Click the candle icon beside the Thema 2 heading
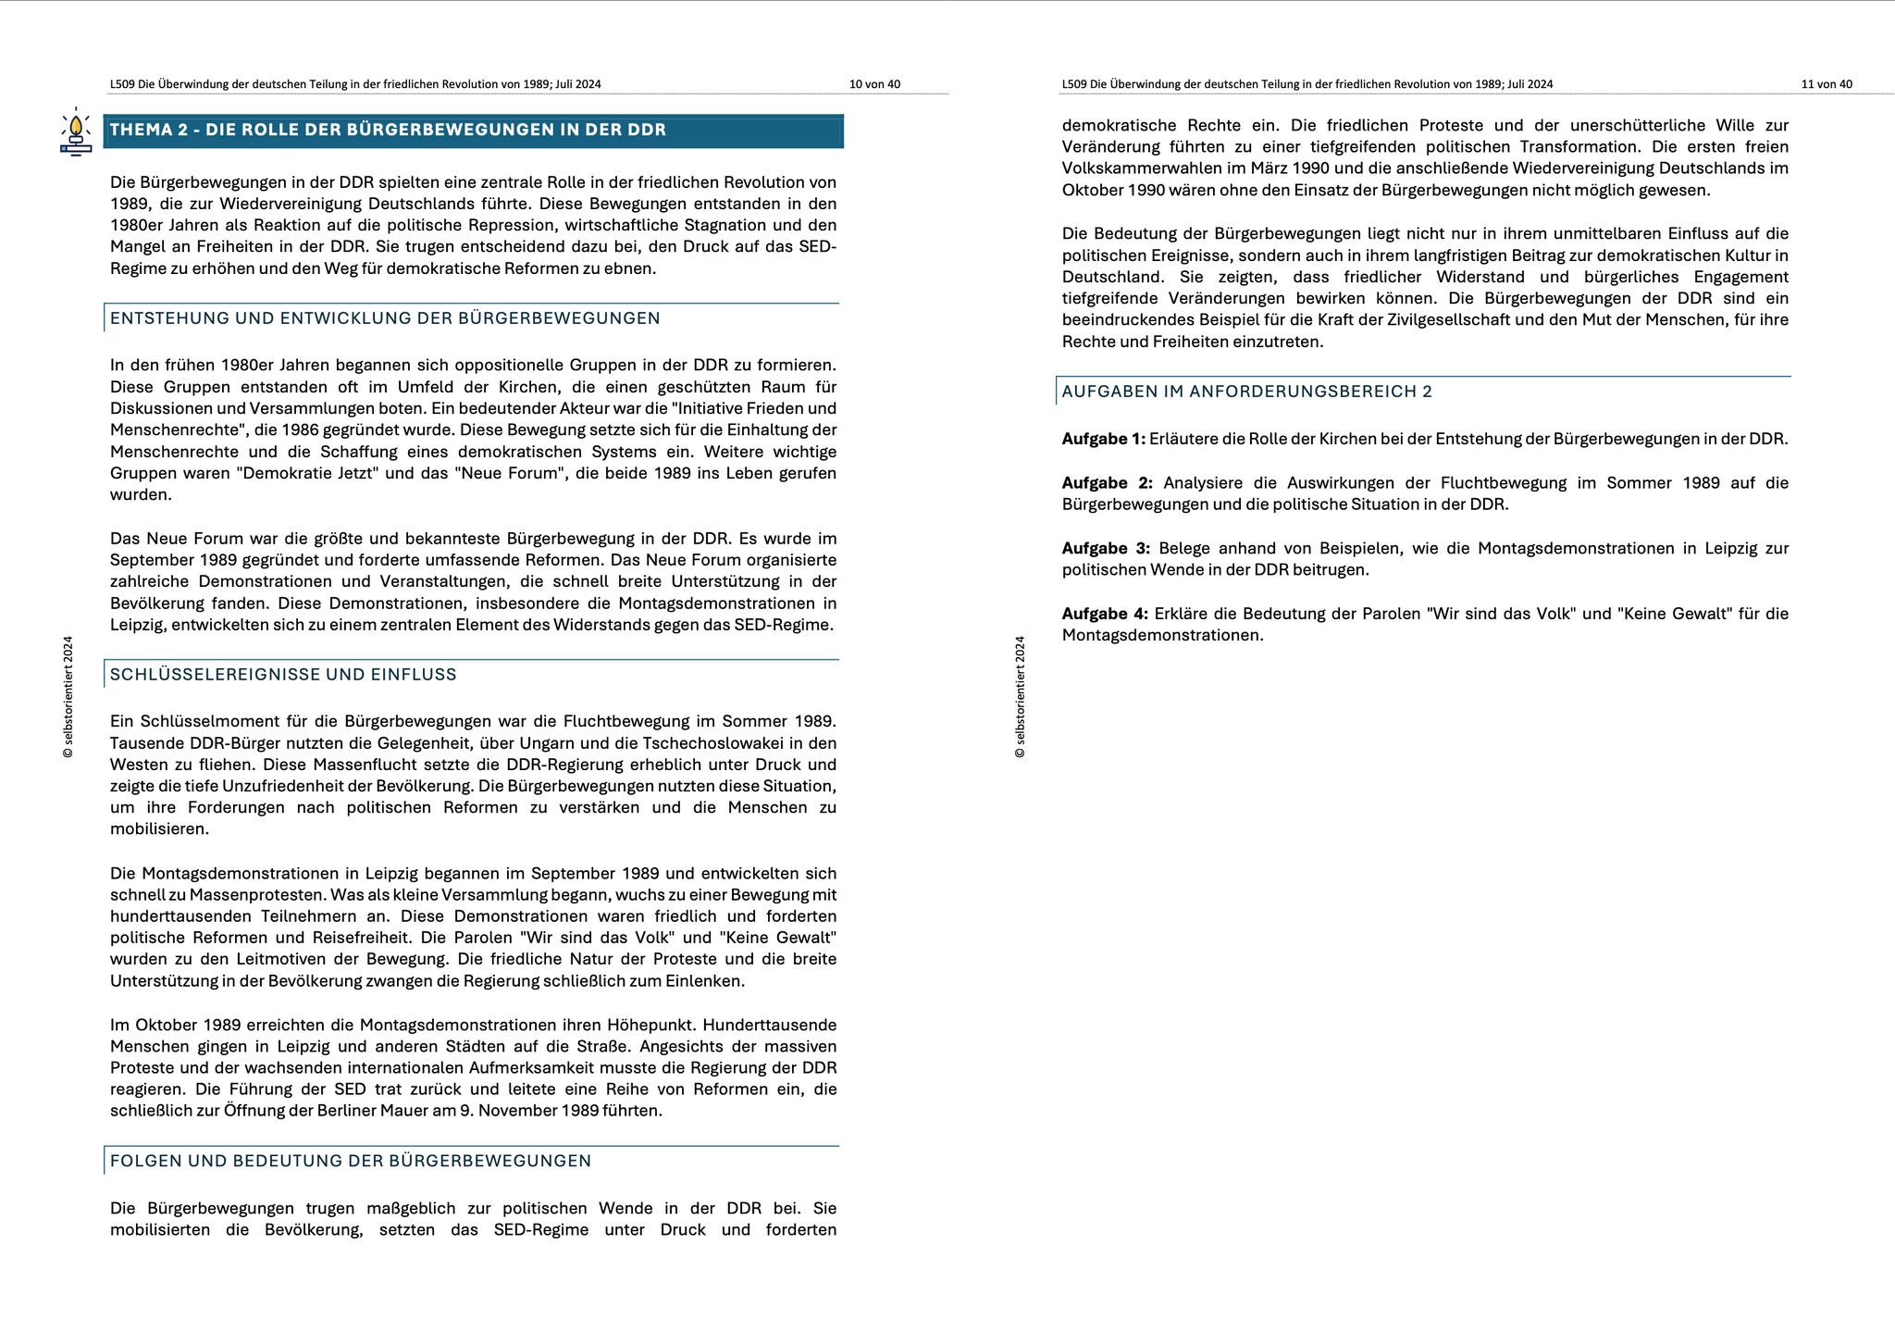[x=76, y=133]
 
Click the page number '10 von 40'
[x=874, y=84]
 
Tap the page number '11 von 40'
[x=1827, y=84]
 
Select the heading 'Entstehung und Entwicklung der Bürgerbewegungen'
[x=385, y=318]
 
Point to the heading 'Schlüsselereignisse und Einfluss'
[x=283, y=675]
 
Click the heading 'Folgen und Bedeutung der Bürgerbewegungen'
[x=350, y=1161]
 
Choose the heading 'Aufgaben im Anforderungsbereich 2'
[x=1246, y=392]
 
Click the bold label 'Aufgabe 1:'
[x=1103, y=439]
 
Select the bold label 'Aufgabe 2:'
[x=1107, y=483]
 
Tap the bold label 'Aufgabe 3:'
[x=1106, y=548]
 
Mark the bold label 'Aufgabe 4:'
[x=1105, y=614]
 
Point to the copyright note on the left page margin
[x=68, y=697]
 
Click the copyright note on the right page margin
[x=1020, y=697]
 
